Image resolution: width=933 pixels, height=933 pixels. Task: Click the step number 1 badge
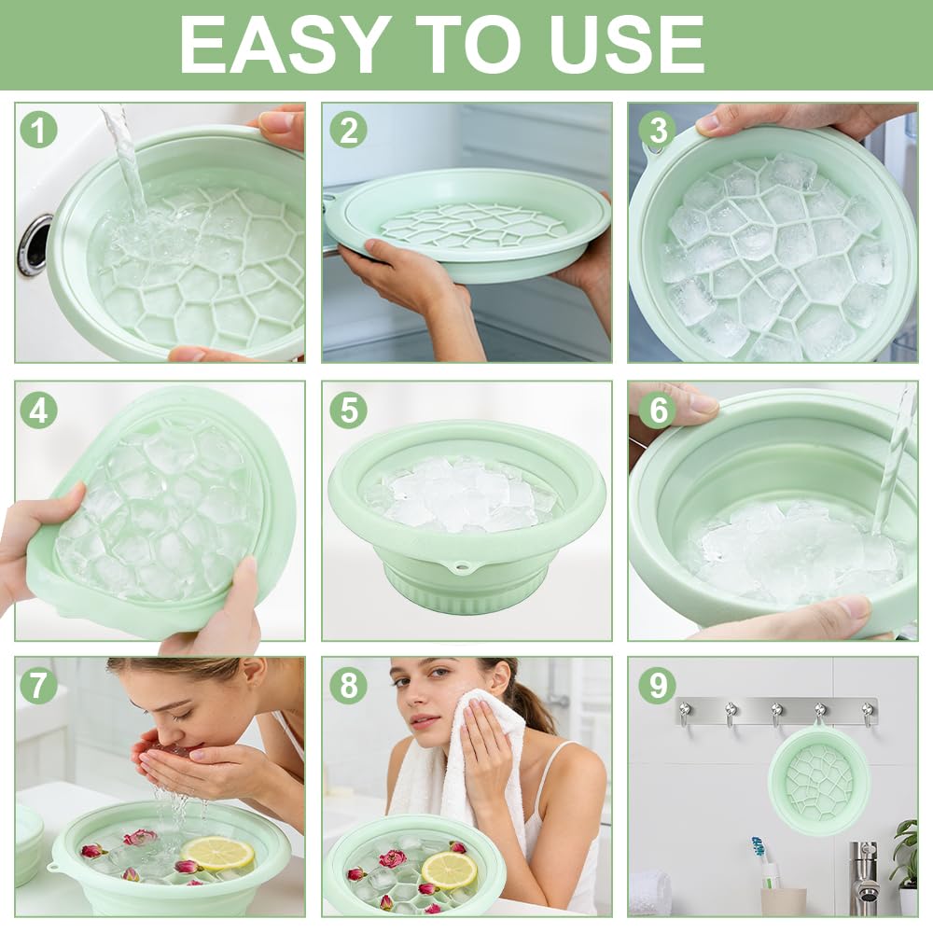click(38, 130)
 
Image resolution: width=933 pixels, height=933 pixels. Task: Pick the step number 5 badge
click(349, 410)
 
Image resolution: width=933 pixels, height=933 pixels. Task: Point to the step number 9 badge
click(658, 685)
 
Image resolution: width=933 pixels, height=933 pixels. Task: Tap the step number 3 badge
click(658, 130)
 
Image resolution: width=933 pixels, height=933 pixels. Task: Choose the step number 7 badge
click(38, 685)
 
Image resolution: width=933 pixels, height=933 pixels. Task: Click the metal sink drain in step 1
click(35, 245)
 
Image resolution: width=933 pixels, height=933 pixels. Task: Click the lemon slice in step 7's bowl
click(217, 853)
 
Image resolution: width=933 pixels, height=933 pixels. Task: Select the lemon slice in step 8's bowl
click(450, 869)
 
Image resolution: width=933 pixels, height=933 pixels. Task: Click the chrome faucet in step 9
click(864, 878)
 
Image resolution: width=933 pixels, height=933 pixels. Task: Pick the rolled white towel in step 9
click(649, 893)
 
